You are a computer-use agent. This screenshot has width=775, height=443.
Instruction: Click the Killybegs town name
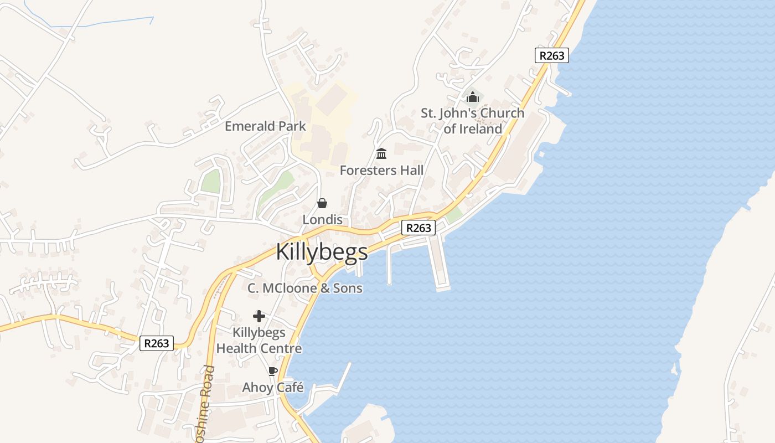pos(322,252)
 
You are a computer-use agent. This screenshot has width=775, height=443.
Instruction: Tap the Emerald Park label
pos(265,126)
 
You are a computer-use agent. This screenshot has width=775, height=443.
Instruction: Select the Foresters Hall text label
pos(381,171)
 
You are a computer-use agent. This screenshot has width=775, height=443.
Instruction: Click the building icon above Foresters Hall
pos(381,153)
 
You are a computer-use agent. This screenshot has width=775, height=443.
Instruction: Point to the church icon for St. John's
pos(472,97)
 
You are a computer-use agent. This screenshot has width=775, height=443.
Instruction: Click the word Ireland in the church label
pos(480,129)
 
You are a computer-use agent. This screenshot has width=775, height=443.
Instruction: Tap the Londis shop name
pos(322,220)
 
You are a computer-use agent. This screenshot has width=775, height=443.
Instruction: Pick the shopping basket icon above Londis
pos(322,203)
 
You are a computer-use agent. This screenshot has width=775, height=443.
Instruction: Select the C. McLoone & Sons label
pos(305,288)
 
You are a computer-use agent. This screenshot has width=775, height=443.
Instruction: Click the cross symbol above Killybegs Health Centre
pos(259,316)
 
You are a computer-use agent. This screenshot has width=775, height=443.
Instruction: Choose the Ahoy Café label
pos(273,387)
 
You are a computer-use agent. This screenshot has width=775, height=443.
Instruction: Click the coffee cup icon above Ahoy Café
pos(272,371)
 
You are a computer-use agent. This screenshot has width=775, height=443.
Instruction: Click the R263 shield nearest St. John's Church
pos(552,55)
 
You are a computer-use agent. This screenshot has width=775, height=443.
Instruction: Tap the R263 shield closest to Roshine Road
pos(157,343)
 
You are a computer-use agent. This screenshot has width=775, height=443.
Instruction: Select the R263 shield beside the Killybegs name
pos(418,228)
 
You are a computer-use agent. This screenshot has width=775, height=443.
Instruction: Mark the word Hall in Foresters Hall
pos(412,171)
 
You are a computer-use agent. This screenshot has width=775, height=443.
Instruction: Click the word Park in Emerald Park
pos(292,126)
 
